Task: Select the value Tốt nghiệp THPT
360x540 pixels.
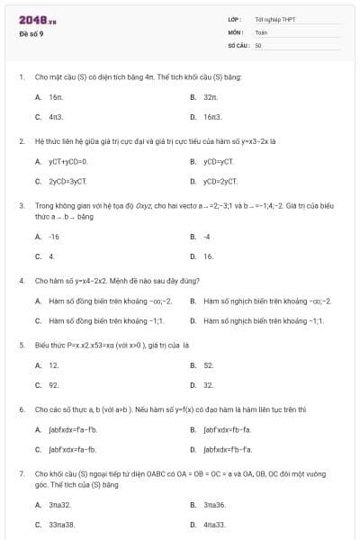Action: pos(275,19)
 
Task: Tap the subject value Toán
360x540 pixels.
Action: pos(261,31)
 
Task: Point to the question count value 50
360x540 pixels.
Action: pos(258,45)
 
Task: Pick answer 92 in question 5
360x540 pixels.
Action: pos(54,385)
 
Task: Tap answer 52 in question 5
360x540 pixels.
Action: pos(208,365)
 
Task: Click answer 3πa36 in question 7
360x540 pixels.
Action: pos(214,504)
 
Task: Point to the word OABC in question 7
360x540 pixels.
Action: pos(138,472)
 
